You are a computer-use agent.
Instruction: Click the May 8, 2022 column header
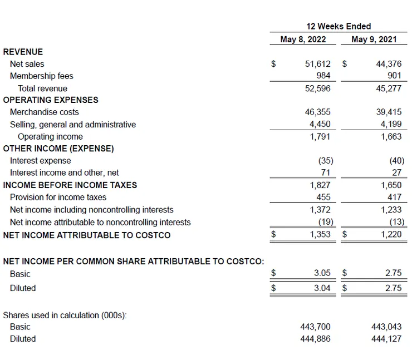coord(303,40)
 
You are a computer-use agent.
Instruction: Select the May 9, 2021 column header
coord(374,40)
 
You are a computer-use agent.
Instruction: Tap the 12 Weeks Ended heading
coord(339,26)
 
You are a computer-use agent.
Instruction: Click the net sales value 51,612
coord(317,64)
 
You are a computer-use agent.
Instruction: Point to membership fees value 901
coord(394,76)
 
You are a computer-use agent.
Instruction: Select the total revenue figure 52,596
coord(317,88)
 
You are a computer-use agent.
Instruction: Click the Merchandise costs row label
coord(45,112)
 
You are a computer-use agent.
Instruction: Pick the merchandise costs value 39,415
coord(389,112)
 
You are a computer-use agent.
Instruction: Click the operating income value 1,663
coord(391,136)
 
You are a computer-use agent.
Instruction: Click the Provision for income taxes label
coord(58,198)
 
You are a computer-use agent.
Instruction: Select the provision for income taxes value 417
coord(394,198)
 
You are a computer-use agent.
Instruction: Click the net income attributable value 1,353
coord(320,235)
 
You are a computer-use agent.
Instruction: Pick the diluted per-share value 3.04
coord(322,288)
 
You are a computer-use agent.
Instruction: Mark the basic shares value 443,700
coord(315,327)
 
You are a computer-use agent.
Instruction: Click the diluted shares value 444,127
coord(386,339)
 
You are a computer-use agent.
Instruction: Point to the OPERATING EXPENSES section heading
coord(51,100)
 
